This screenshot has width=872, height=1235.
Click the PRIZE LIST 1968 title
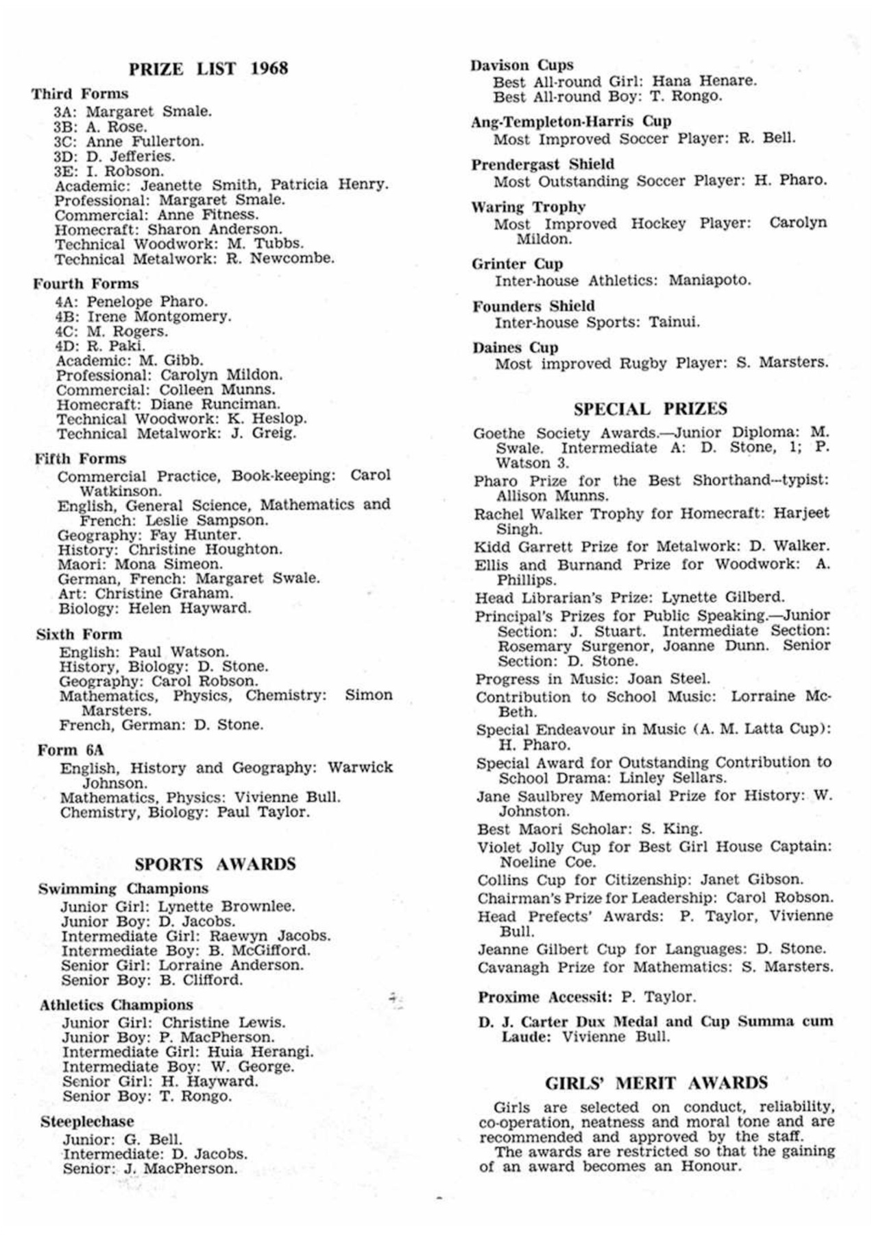click(208, 69)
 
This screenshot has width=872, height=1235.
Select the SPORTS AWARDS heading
click(215, 864)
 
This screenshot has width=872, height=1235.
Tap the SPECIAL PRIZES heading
click(650, 409)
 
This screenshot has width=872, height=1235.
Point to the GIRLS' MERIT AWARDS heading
click(656, 1083)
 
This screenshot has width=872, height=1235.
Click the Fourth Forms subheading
click(86, 283)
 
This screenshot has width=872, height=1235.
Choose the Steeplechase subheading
click(87, 1122)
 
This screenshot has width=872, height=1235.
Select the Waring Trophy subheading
click(528, 207)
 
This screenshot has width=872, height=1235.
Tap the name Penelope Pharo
click(147, 301)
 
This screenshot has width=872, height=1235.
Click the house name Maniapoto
click(710, 280)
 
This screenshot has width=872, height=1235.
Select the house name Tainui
click(674, 322)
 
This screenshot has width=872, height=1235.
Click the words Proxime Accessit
click(545, 997)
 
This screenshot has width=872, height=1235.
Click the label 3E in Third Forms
click(66, 171)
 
